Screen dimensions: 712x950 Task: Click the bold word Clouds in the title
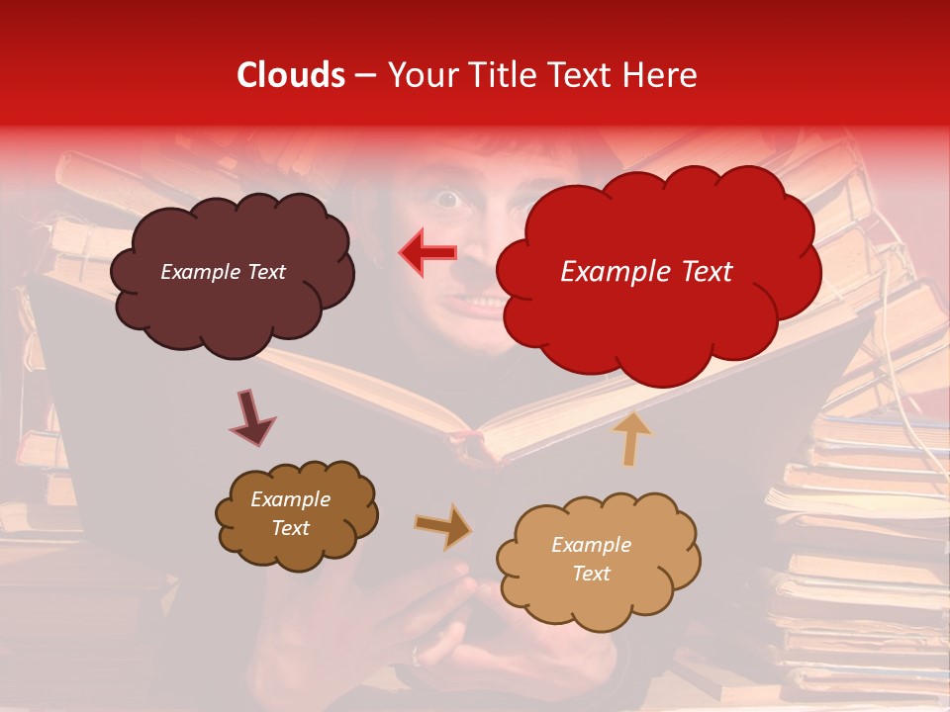291,75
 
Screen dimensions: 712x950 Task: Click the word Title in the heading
503,75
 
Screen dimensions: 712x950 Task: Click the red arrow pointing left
427,252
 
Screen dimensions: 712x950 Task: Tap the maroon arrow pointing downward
252,419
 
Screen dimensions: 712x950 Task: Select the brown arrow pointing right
442,526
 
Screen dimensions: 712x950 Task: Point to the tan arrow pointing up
632,437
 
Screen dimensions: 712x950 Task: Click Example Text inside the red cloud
646,272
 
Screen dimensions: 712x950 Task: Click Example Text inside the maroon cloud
223,272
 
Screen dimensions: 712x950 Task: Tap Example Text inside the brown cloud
290,513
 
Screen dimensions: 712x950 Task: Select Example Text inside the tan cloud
591,559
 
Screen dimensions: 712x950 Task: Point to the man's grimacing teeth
479,303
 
